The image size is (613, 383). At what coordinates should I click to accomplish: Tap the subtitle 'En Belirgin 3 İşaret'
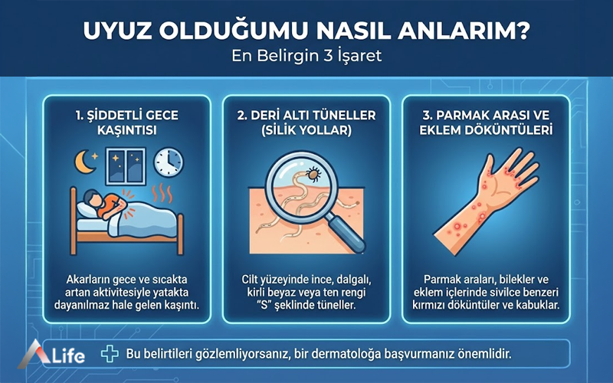tap(306, 57)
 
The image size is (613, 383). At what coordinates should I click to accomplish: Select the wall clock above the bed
tap(169, 162)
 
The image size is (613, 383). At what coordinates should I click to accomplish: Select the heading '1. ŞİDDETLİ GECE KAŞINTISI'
tap(127, 123)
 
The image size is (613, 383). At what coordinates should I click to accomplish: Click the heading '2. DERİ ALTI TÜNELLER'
tap(306, 116)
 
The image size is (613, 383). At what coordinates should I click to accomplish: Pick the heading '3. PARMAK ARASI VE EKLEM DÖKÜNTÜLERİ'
tap(484, 123)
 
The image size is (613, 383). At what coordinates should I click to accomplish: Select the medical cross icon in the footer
tap(110, 354)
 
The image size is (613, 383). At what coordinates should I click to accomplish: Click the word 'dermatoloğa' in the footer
tap(372, 354)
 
